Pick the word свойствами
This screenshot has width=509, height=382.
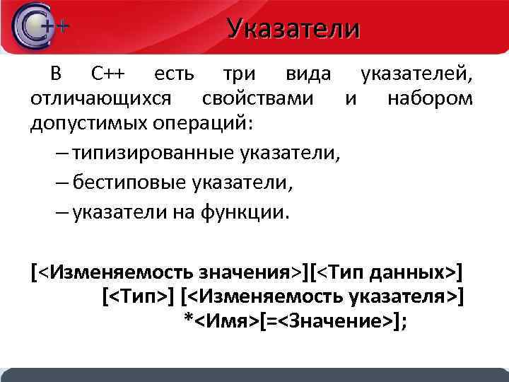coord(256,98)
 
